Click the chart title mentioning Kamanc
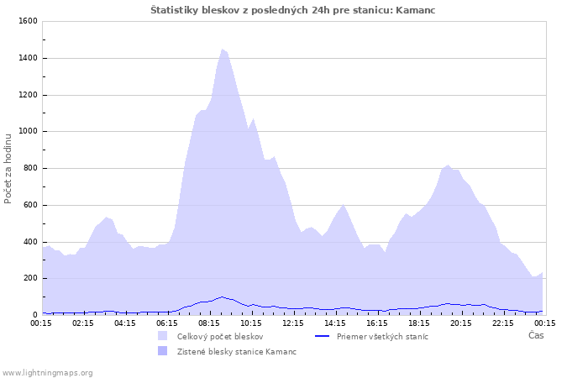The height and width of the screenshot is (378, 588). click(293, 10)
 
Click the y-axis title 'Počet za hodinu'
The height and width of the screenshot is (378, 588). click(8, 168)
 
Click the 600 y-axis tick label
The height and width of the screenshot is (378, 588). click(29, 205)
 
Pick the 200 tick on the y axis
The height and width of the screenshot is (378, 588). click(29, 278)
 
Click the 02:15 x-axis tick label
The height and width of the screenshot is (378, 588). click(83, 323)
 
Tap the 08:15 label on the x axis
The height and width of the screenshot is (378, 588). click(209, 323)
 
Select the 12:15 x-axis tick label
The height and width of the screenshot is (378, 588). click(293, 323)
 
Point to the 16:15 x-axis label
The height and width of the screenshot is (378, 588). click(377, 323)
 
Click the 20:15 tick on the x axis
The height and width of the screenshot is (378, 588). click(461, 323)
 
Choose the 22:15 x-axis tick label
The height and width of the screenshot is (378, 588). click(503, 323)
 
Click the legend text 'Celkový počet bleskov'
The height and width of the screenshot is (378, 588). click(219, 336)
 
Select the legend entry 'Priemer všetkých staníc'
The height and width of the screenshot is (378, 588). click(382, 336)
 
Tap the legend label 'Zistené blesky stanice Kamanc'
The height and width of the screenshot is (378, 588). click(236, 351)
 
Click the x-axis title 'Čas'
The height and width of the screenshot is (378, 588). click(536, 336)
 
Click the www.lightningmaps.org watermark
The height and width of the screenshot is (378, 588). click(47, 372)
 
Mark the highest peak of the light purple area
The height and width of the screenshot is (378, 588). click(223, 49)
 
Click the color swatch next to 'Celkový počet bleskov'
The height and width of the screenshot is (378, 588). click(163, 336)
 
